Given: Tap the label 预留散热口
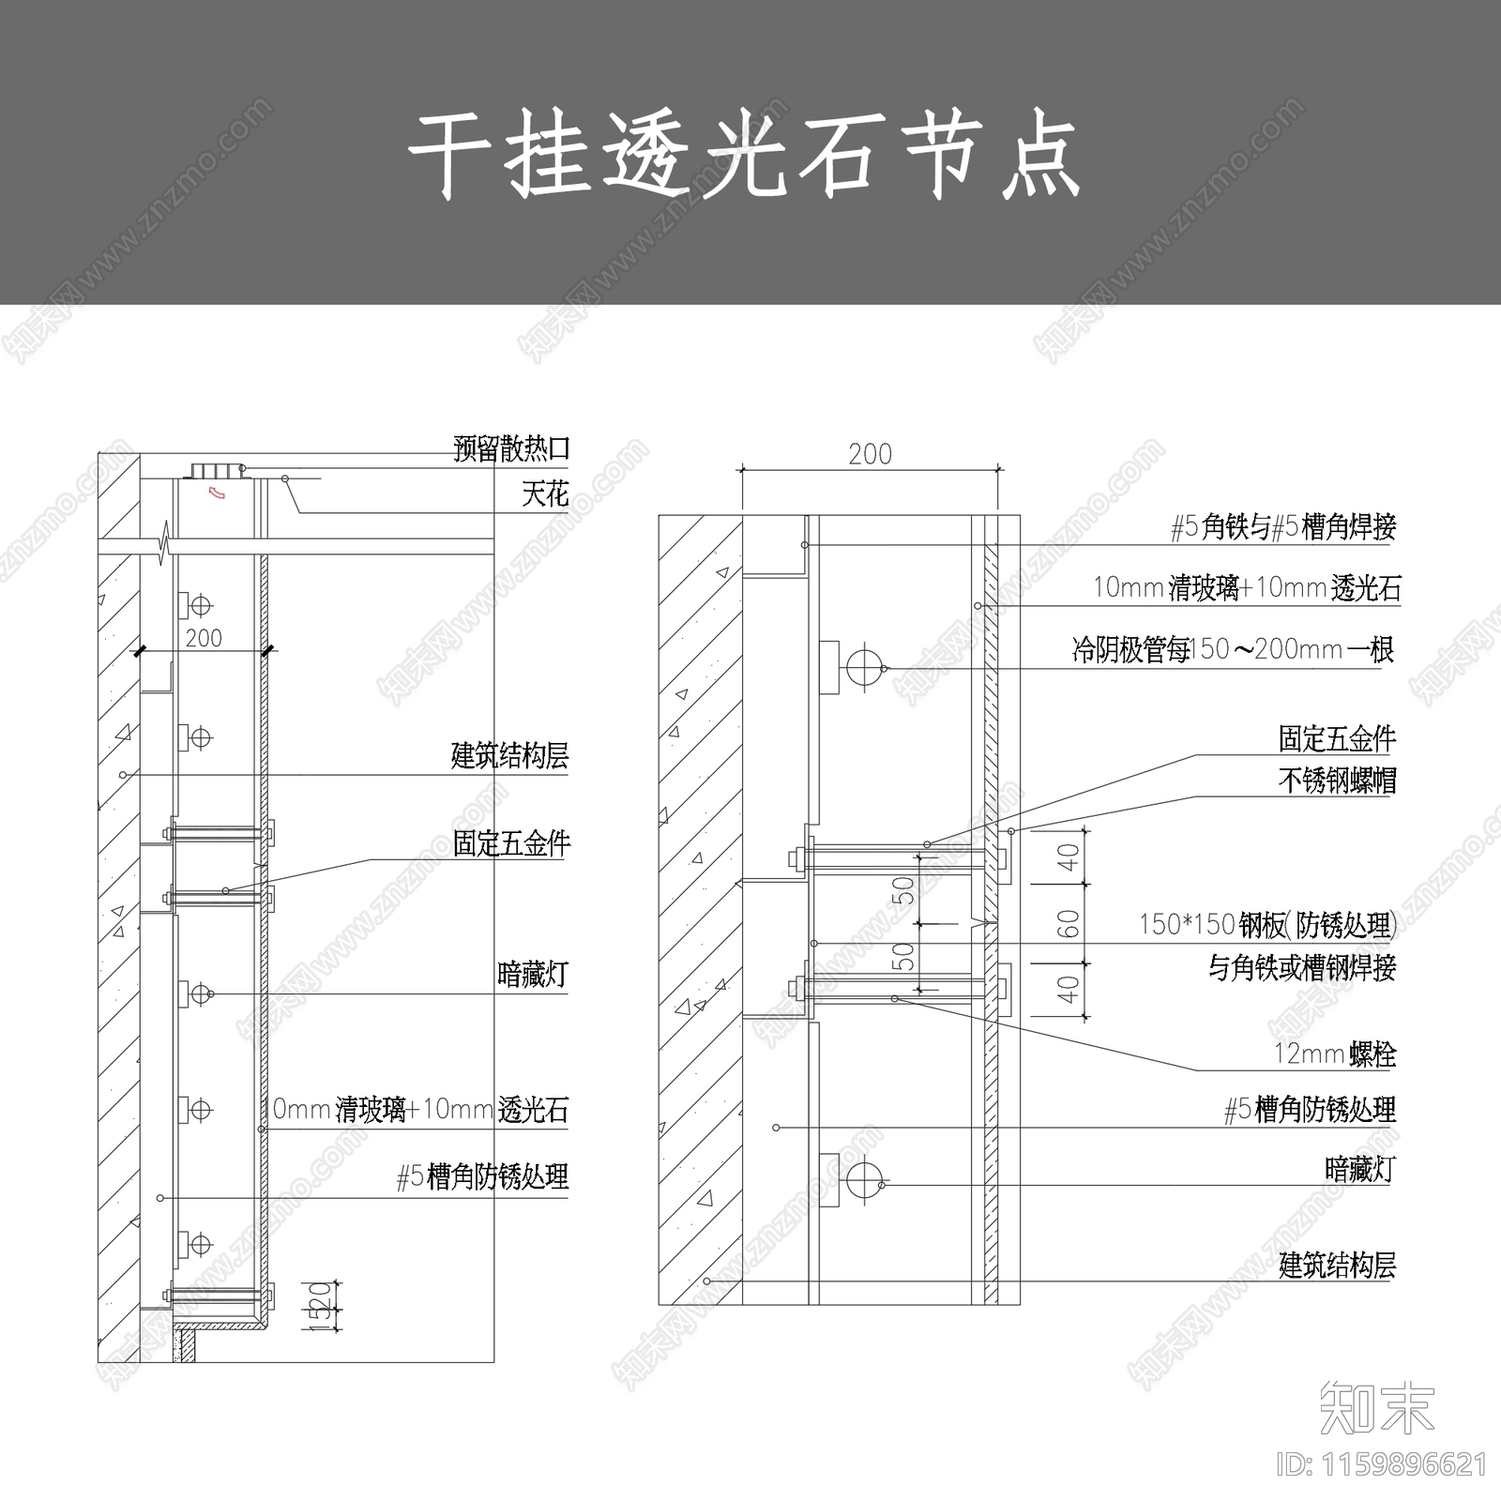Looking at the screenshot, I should [511, 449].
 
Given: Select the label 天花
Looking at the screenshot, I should [545, 493].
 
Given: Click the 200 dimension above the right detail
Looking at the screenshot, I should [870, 454].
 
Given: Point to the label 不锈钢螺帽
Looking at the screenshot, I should [1337, 781].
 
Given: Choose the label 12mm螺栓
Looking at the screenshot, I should [1335, 1054].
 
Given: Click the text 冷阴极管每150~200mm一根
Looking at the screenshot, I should [1234, 649].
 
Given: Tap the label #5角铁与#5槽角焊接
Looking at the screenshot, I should [1283, 527].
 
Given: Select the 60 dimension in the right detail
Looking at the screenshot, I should [1069, 924].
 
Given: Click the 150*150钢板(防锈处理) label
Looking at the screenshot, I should [1267, 925].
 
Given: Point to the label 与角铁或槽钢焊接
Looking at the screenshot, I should [1302, 967].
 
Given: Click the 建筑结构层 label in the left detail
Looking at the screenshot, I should [509, 756].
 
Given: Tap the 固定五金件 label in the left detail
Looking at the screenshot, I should [511, 844].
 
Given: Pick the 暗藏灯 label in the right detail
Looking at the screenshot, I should [1360, 1169].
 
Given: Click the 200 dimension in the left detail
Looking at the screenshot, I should [204, 638].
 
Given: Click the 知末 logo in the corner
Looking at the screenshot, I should [1377, 1408].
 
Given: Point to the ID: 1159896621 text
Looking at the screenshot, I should [1383, 1464].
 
